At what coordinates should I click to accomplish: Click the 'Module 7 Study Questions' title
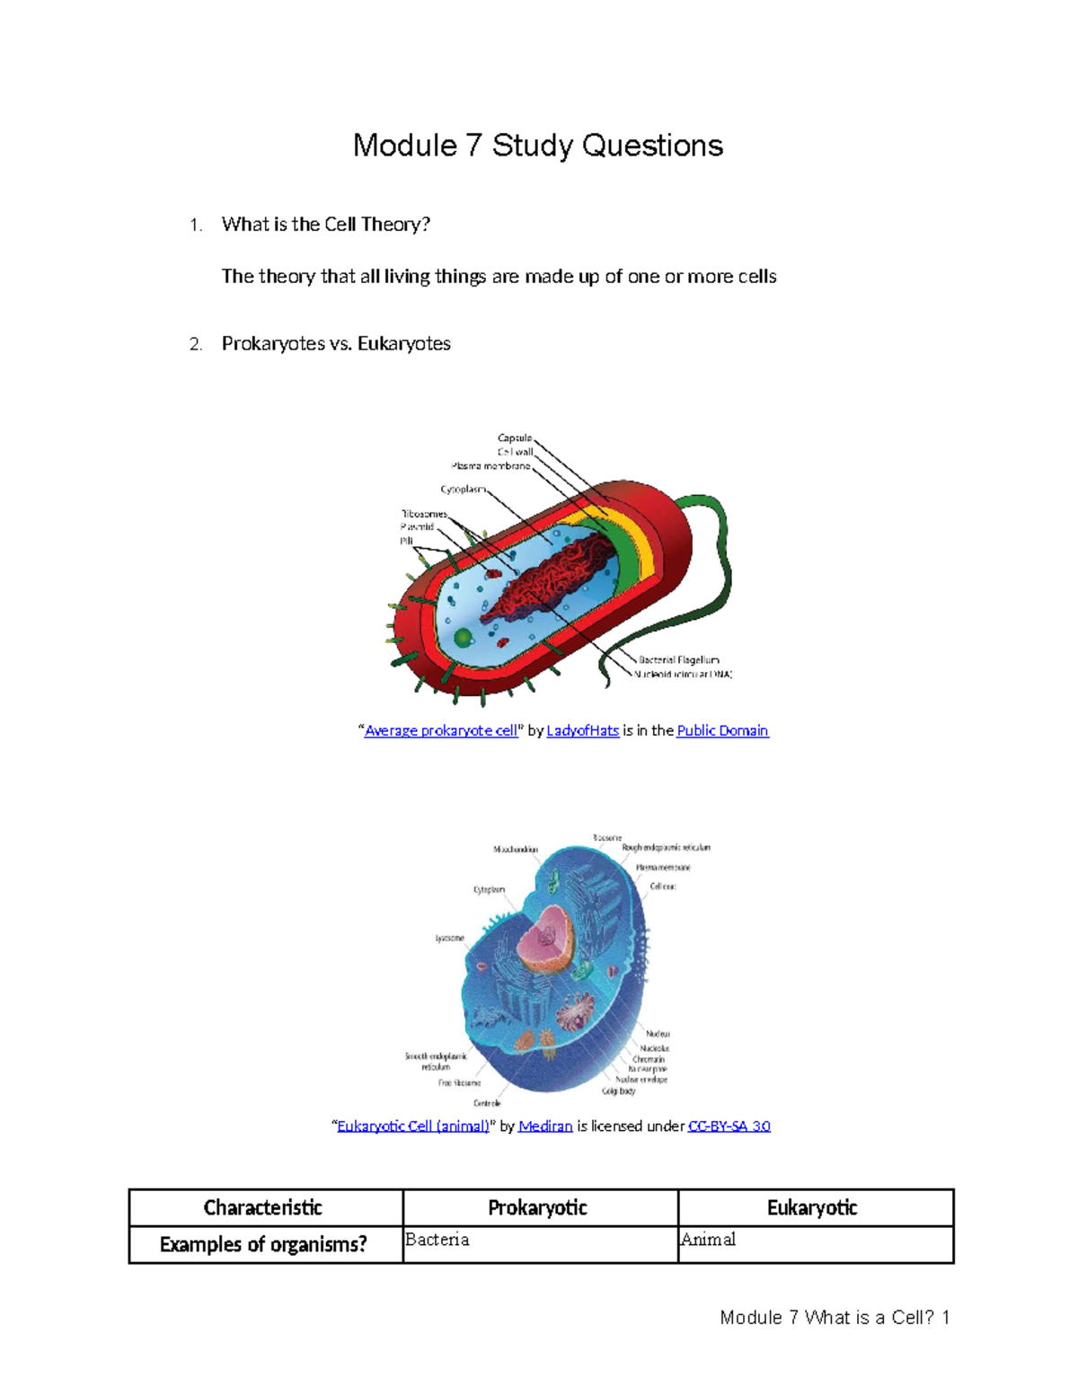[x=537, y=146]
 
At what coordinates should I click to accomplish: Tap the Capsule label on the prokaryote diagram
[x=515, y=438]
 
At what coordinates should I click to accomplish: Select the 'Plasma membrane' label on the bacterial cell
[x=490, y=466]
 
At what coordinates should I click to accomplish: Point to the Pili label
[x=406, y=542]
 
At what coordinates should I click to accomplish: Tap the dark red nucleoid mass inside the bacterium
[x=557, y=579]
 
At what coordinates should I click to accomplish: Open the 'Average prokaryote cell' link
[x=441, y=730]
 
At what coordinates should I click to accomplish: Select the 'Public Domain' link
[x=722, y=730]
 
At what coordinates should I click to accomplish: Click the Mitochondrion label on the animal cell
[x=516, y=849]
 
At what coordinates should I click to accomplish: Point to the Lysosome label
[x=450, y=938]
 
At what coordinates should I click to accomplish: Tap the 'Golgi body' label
[x=619, y=1090]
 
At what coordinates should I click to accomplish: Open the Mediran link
[x=545, y=1126]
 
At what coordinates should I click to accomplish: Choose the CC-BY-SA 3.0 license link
[x=729, y=1126]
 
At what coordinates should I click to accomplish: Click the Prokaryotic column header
[x=538, y=1208]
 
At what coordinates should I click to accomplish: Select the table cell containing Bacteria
[x=540, y=1244]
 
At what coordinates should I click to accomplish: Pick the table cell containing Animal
[x=815, y=1244]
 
